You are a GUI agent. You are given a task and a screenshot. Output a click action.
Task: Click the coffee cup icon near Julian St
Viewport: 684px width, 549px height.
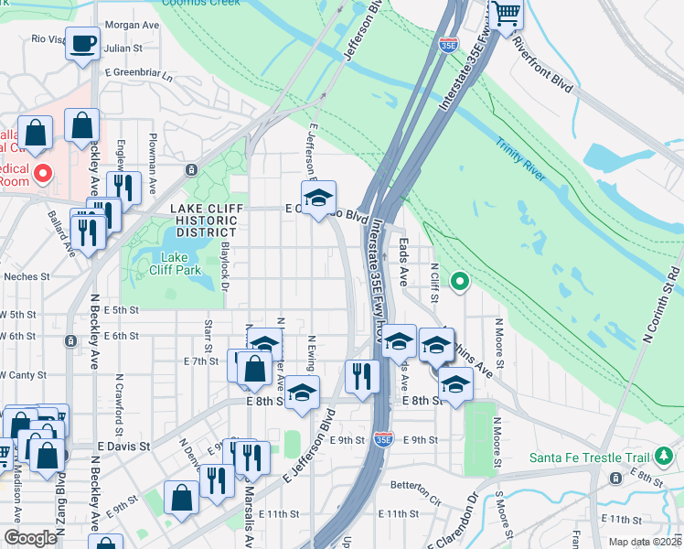click(83, 42)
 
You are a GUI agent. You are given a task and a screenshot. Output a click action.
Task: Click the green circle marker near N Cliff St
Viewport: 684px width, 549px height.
click(460, 282)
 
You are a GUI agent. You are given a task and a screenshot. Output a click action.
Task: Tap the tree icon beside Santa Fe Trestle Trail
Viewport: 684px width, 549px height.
click(665, 457)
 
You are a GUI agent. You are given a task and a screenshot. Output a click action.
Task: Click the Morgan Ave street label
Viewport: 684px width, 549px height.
click(132, 26)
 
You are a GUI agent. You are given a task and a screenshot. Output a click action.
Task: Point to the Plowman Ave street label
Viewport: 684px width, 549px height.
click(153, 149)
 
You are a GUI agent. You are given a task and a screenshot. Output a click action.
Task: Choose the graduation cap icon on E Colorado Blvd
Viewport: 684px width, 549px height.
click(318, 199)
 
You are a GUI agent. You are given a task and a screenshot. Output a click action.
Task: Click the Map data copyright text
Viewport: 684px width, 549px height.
click(648, 542)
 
